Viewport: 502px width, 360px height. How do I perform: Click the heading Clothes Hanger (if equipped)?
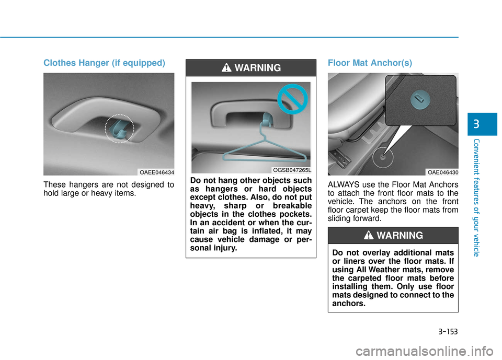104,63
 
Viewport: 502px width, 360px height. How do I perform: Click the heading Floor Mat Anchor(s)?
370,63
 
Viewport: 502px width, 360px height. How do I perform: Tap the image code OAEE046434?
156,172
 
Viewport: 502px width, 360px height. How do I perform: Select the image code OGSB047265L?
292,170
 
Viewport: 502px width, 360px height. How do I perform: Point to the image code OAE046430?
442,172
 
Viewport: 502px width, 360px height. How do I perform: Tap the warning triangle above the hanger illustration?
225,68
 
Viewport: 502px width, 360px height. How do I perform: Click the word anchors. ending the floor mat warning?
349,303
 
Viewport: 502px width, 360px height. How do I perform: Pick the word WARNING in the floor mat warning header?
400,236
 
